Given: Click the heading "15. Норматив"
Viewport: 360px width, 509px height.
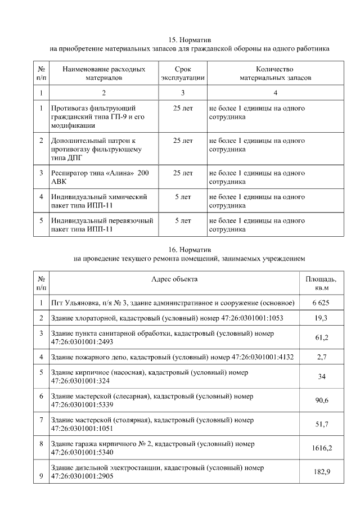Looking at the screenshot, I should tap(190, 40).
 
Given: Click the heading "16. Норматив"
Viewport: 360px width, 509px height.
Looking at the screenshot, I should tap(190, 249).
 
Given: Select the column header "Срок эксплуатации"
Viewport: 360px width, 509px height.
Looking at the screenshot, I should tap(183, 73).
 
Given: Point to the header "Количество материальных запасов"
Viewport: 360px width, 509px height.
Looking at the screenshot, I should tap(275, 73).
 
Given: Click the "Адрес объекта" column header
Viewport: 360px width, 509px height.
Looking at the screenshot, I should tap(174, 279).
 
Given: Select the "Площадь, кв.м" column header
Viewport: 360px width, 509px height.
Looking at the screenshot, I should tap(321, 283).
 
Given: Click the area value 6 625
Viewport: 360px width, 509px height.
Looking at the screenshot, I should tap(321, 303).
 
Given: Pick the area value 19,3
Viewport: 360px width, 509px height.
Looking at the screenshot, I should tap(321, 318).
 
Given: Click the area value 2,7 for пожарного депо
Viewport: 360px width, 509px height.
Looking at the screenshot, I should tap(321, 357).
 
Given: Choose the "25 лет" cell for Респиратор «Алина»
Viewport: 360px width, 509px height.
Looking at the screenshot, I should tap(183, 173).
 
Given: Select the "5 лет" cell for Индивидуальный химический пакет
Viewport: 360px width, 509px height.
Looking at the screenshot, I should tap(183, 197).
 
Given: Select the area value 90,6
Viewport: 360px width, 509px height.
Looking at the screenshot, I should tap(321, 400).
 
